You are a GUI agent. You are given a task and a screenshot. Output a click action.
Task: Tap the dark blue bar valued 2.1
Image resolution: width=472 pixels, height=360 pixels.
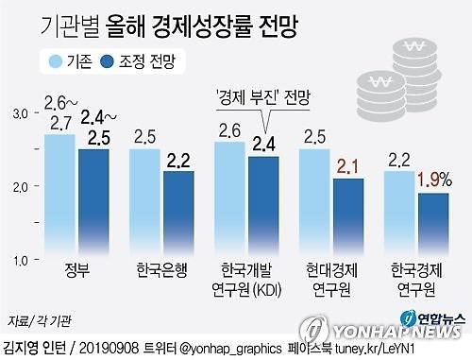[x=349, y=217]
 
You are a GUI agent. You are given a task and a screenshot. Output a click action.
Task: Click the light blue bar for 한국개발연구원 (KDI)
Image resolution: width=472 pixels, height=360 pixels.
[x=231, y=199]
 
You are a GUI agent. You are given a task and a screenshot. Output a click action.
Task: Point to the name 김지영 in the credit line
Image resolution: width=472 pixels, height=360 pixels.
[x=24, y=347]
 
